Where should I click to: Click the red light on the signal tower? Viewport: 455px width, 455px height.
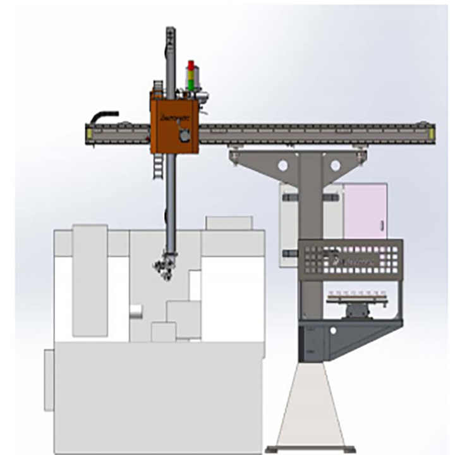(x=190, y=66)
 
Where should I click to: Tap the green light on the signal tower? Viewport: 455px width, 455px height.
(x=190, y=81)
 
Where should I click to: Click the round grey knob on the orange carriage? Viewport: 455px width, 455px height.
(x=184, y=136)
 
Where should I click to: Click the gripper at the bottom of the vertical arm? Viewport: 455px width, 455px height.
(x=167, y=266)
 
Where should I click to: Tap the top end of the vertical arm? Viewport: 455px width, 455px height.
(x=170, y=32)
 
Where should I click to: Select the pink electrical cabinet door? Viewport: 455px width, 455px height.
(x=365, y=210)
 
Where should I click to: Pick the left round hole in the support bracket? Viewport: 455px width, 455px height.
(x=282, y=165)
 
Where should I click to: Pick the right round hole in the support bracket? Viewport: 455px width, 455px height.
(x=335, y=166)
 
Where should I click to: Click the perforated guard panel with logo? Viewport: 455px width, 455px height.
(x=350, y=258)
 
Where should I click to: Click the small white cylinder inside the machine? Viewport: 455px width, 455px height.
(x=135, y=311)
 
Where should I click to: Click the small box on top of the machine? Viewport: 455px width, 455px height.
(x=229, y=223)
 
